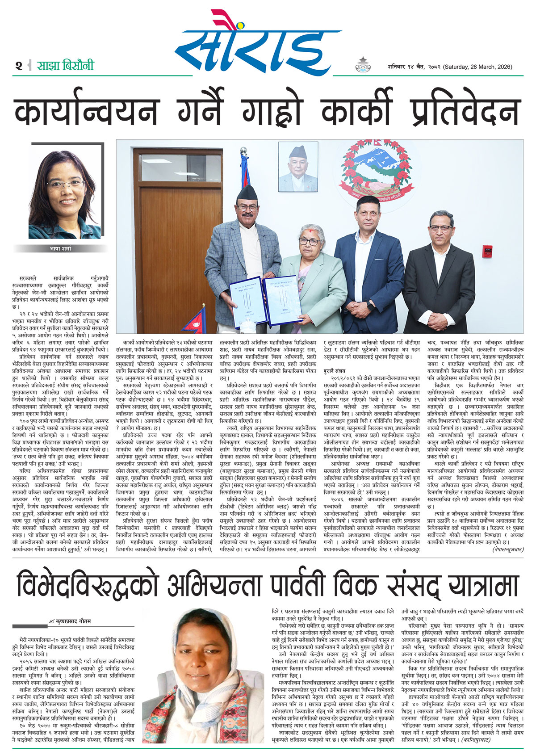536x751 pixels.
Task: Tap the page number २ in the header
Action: pyautogui.click(x=18, y=66)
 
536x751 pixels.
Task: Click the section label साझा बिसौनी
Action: pyautogui.click(x=65, y=65)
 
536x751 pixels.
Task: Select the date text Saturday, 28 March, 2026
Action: pyautogui.click(x=477, y=67)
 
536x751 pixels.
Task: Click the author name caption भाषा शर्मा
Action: pyautogui.click(x=60, y=248)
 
